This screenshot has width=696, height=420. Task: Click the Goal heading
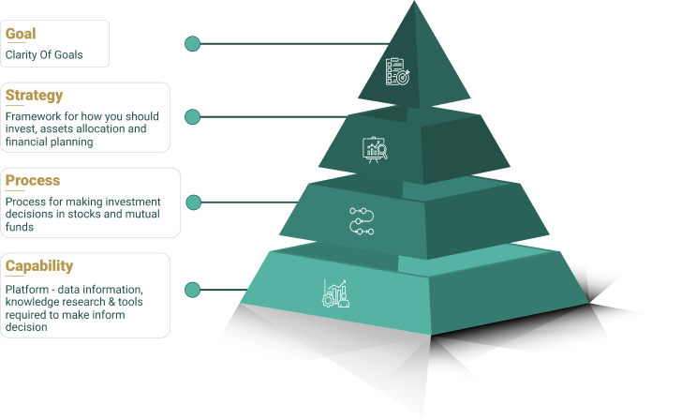point(21,35)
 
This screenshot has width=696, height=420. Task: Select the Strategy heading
point(34,95)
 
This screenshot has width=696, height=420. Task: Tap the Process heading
point(33,180)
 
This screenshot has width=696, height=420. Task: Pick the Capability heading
point(38,265)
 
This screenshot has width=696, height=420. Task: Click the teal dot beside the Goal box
point(192,43)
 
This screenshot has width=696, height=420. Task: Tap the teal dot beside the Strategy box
point(192,117)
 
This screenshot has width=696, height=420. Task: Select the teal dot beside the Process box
point(192,202)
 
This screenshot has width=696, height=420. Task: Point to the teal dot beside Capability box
point(192,289)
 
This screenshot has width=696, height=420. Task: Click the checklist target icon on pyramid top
point(398,72)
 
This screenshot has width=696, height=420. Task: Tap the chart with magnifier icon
point(375,149)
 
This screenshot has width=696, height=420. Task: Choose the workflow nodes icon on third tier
point(361,222)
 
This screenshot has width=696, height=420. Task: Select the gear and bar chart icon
point(336,293)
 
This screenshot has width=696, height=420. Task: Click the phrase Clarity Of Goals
point(44,54)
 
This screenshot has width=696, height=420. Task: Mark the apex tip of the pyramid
point(414,3)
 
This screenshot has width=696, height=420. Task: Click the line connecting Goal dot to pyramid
point(290,43)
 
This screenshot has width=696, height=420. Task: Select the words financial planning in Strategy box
point(49,142)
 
